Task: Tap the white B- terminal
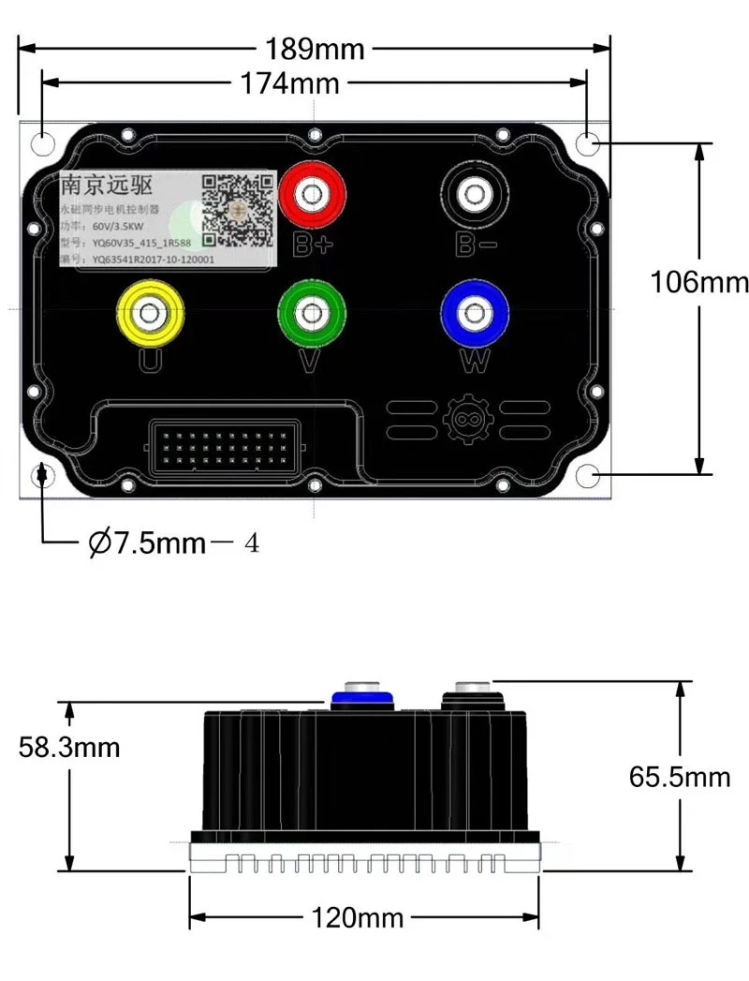click(x=475, y=195)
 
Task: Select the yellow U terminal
click(x=149, y=316)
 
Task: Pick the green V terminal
click(x=312, y=314)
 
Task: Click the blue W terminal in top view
click(x=476, y=314)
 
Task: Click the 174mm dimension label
click(x=288, y=83)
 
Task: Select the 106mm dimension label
click(x=699, y=282)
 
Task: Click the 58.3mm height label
click(x=69, y=747)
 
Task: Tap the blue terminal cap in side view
click(x=362, y=696)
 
